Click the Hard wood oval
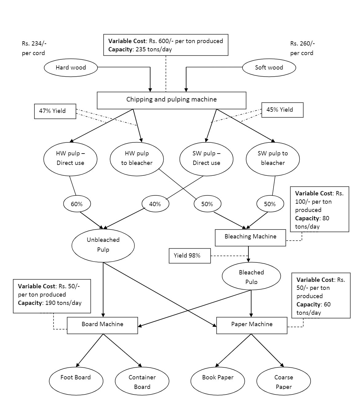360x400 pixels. tap(71, 68)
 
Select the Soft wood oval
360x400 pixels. tap(269, 68)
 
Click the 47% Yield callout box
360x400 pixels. tap(55, 111)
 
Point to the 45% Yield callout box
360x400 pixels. tap(282, 110)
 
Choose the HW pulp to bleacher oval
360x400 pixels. tap(136, 158)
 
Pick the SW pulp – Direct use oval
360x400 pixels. tap(206, 158)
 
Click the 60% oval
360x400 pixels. tap(77, 204)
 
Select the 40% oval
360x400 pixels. tap(155, 204)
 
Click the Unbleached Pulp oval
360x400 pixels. tap(103, 245)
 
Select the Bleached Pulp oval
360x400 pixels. tap(251, 276)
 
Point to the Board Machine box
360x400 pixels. tap(102, 325)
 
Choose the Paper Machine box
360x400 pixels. tap(252, 325)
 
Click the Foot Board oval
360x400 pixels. tap(76, 380)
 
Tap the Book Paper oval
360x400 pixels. tap(218, 380)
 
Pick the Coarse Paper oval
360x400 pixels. tap(283, 382)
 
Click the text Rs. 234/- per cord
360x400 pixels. tap(34, 48)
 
